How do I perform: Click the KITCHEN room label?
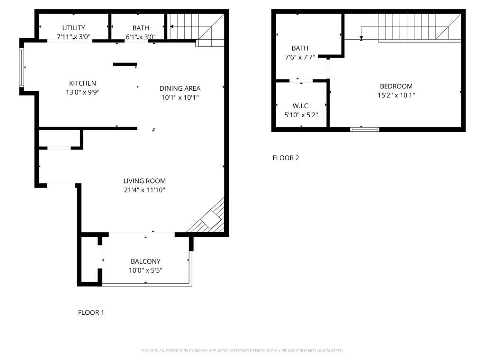tap(82, 83)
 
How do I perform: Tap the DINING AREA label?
tap(180, 88)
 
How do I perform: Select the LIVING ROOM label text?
tap(144, 181)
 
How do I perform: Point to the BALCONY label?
tap(145, 261)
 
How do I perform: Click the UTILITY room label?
tap(73, 28)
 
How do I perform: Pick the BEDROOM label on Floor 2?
tap(396, 86)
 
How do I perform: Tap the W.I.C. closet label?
tap(301, 106)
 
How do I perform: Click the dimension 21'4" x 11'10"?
tap(144, 190)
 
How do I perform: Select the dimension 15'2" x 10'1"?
tap(396, 95)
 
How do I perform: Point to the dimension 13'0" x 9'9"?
tap(82, 92)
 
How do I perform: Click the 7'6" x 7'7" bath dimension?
tap(300, 57)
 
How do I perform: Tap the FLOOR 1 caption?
tap(91, 312)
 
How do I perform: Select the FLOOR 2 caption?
tap(286, 158)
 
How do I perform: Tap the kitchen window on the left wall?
tap(21, 68)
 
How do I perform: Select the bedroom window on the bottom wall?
tap(364, 129)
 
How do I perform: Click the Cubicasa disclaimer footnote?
tap(242, 351)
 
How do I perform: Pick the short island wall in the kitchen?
tap(125, 64)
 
